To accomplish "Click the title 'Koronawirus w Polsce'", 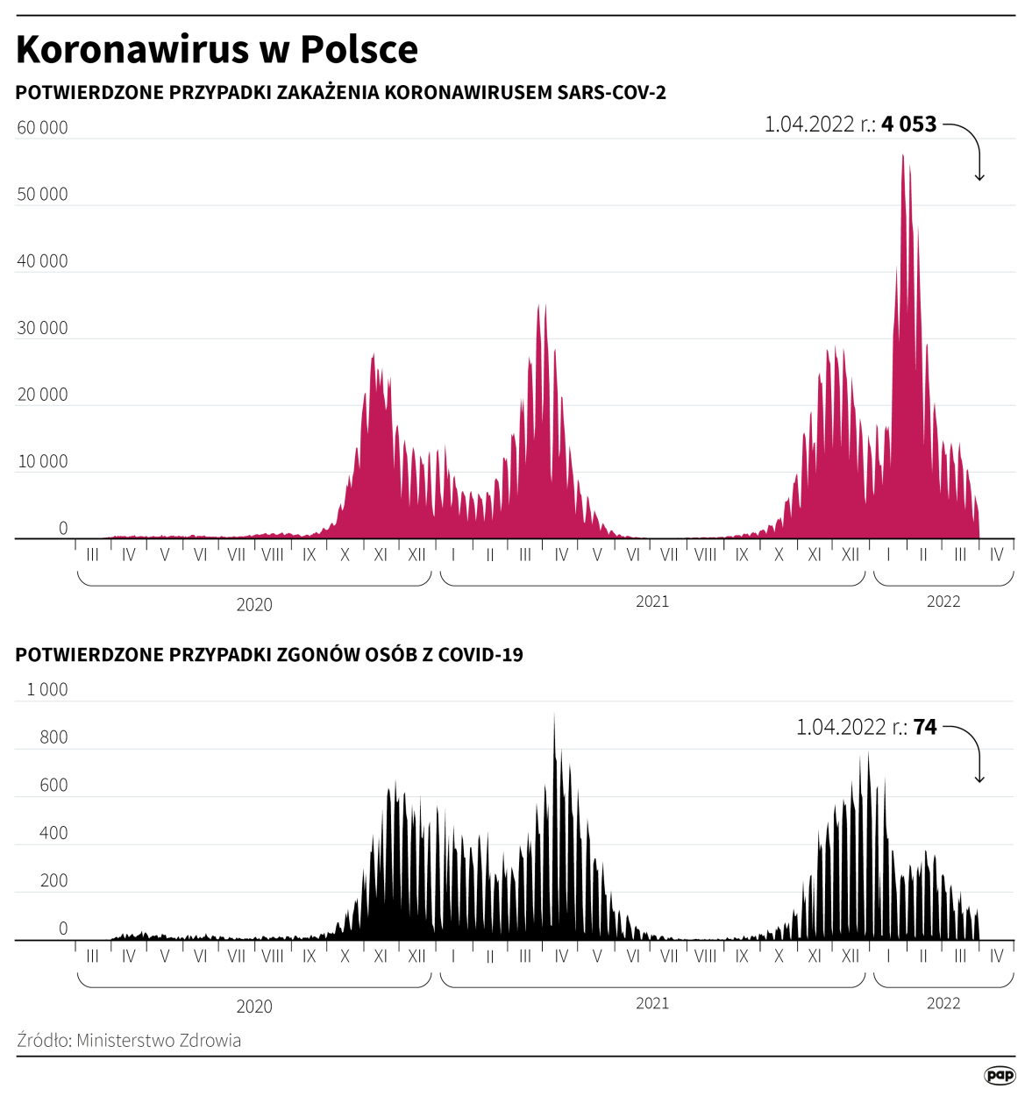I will tap(217, 50).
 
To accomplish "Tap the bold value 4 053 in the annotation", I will tap(909, 125).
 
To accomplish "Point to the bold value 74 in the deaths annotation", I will tap(925, 727).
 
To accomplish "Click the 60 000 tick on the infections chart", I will tap(42, 128).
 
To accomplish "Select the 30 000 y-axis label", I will tap(42, 329).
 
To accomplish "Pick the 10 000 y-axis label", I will tap(42, 462).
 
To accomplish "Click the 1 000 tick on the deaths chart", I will tap(47, 690).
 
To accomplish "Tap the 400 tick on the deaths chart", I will tap(53, 834).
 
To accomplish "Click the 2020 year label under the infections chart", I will tap(254, 605).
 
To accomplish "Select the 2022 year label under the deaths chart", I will tap(943, 1004).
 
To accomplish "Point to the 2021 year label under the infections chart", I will tap(652, 601).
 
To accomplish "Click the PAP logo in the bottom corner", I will tap(1000, 1076).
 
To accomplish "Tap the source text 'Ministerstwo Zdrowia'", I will tap(159, 1041).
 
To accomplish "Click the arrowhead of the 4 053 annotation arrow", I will tap(979, 178).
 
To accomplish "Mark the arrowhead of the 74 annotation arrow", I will tap(979, 779).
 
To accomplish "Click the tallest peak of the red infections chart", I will tap(903, 157).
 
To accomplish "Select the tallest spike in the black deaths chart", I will tap(554, 716).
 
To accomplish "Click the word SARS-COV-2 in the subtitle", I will tap(612, 93).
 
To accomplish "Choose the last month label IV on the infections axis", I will tap(996, 555).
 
